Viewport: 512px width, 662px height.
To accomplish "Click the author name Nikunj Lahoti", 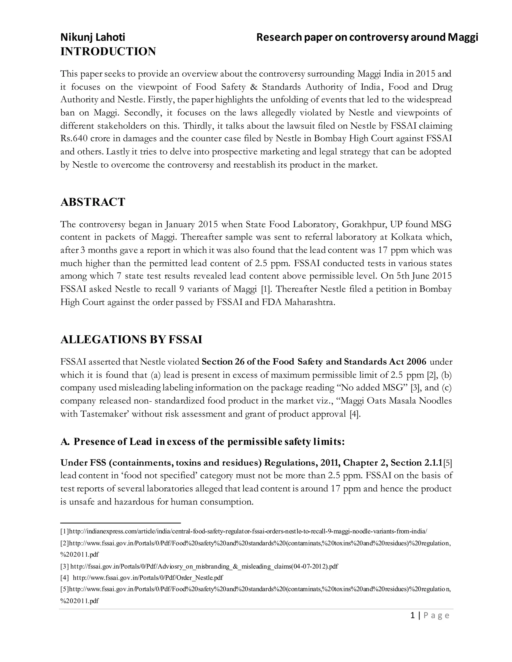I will point(92,37).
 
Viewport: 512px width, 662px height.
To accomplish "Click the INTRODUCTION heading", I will point(108,51).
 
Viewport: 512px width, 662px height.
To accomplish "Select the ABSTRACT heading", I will point(92,202).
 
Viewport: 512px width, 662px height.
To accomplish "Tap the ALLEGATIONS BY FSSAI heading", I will point(131,339).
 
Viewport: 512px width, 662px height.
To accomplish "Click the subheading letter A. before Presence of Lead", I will point(65,442).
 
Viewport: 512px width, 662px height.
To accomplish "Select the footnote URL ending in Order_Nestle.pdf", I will point(148,578).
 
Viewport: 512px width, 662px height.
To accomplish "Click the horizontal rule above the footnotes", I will point(120,523).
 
